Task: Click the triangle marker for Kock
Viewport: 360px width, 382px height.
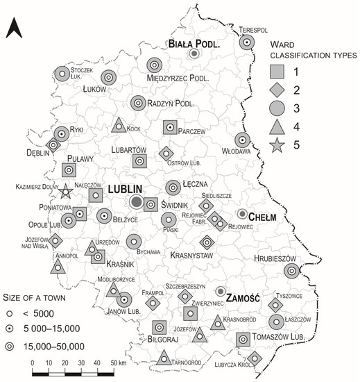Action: [x=119, y=126]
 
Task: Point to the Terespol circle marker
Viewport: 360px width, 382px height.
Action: [x=246, y=43]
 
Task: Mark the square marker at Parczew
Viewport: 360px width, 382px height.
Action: [x=170, y=127]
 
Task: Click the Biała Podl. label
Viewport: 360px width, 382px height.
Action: [x=194, y=44]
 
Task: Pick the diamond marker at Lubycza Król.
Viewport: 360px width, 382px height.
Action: [x=255, y=358]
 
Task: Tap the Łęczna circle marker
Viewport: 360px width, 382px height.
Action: [x=173, y=188]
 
